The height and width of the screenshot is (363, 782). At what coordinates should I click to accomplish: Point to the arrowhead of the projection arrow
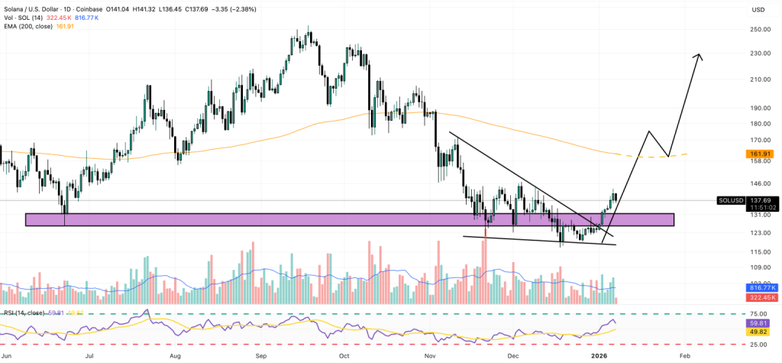700,57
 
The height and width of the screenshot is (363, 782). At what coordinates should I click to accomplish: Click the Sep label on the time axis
260,356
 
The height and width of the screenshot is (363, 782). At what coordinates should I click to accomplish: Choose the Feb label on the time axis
684,356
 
